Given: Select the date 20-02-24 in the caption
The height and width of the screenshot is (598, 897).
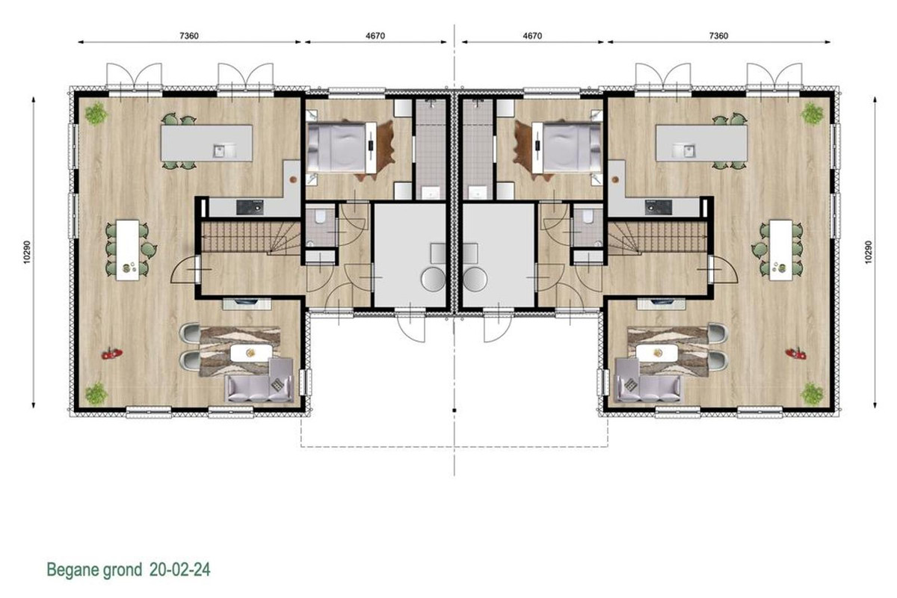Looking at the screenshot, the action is click(x=180, y=569).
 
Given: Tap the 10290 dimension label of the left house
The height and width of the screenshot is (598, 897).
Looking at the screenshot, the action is click(x=27, y=252).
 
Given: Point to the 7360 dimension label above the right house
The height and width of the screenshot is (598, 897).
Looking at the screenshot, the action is click(x=718, y=36).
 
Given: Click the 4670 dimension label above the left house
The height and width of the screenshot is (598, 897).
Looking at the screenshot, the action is click(x=375, y=36).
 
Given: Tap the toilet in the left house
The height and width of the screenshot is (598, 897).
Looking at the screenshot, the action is click(x=320, y=217).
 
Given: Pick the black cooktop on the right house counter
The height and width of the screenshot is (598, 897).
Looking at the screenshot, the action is click(x=659, y=208).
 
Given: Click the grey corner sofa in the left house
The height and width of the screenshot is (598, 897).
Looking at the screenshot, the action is click(x=260, y=380).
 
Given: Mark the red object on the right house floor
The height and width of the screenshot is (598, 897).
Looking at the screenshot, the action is click(x=796, y=354).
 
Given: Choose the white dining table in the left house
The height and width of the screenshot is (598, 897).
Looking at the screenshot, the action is click(x=128, y=250).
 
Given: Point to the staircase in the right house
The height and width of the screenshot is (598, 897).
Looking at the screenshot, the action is click(x=658, y=238).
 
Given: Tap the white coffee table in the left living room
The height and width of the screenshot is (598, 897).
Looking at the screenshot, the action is click(x=251, y=353).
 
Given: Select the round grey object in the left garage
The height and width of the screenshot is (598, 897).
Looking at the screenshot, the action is click(x=433, y=279).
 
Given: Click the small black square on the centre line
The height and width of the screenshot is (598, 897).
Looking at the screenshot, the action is click(x=454, y=410).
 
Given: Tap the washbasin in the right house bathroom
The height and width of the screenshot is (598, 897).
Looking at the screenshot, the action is click(x=477, y=192).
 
